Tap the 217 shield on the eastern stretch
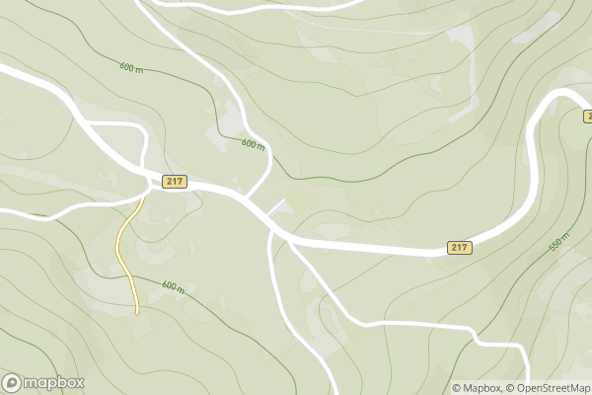point(459,247)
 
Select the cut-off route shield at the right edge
point(587,116)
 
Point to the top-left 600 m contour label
point(131,68)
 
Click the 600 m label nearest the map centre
point(254,144)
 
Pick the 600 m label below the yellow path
point(173,287)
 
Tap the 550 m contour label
point(559,241)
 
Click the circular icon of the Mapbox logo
point(13,383)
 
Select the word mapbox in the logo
point(55,383)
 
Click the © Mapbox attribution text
point(477,388)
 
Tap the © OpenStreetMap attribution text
point(548,388)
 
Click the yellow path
point(122,247)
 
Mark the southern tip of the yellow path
point(137,313)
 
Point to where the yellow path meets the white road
point(144,197)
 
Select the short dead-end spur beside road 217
point(275,208)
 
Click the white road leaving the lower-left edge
point(30,211)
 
